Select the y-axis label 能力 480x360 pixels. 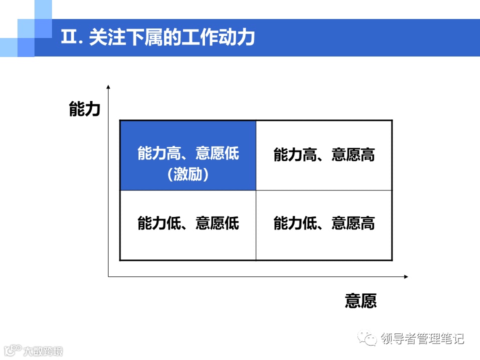click(85, 109)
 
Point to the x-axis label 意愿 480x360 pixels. click(360, 300)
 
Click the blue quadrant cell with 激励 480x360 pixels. click(188, 155)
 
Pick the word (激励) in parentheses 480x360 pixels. click(188, 174)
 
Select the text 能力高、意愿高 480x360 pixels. click(324, 155)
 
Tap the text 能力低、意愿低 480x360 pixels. click(188, 223)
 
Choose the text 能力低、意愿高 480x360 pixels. click(324, 223)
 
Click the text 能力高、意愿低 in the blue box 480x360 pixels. click(188, 153)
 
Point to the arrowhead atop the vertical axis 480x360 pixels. click(108, 87)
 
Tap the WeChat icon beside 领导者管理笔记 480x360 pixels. click(370, 339)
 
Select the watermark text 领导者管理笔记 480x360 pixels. click(422, 338)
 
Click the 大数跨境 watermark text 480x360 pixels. click(43, 351)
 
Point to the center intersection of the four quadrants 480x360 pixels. click(256, 190)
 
